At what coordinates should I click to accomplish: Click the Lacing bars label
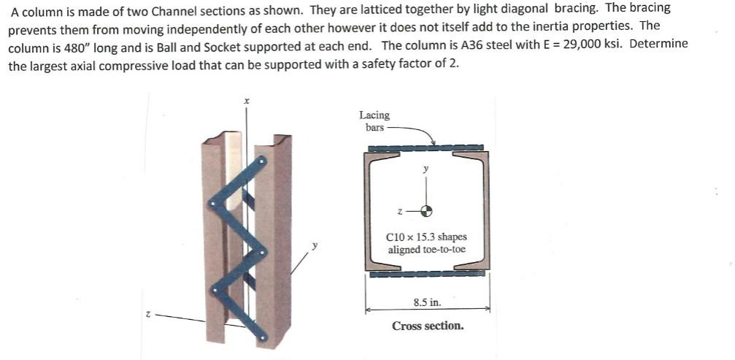pos(374,120)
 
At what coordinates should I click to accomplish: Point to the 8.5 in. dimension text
pos(427,302)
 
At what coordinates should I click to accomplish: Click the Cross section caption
pos(428,326)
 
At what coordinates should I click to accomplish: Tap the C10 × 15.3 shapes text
pos(427,237)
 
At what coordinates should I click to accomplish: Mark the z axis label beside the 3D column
pos(147,313)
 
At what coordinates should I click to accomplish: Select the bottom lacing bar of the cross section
pos(427,274)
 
